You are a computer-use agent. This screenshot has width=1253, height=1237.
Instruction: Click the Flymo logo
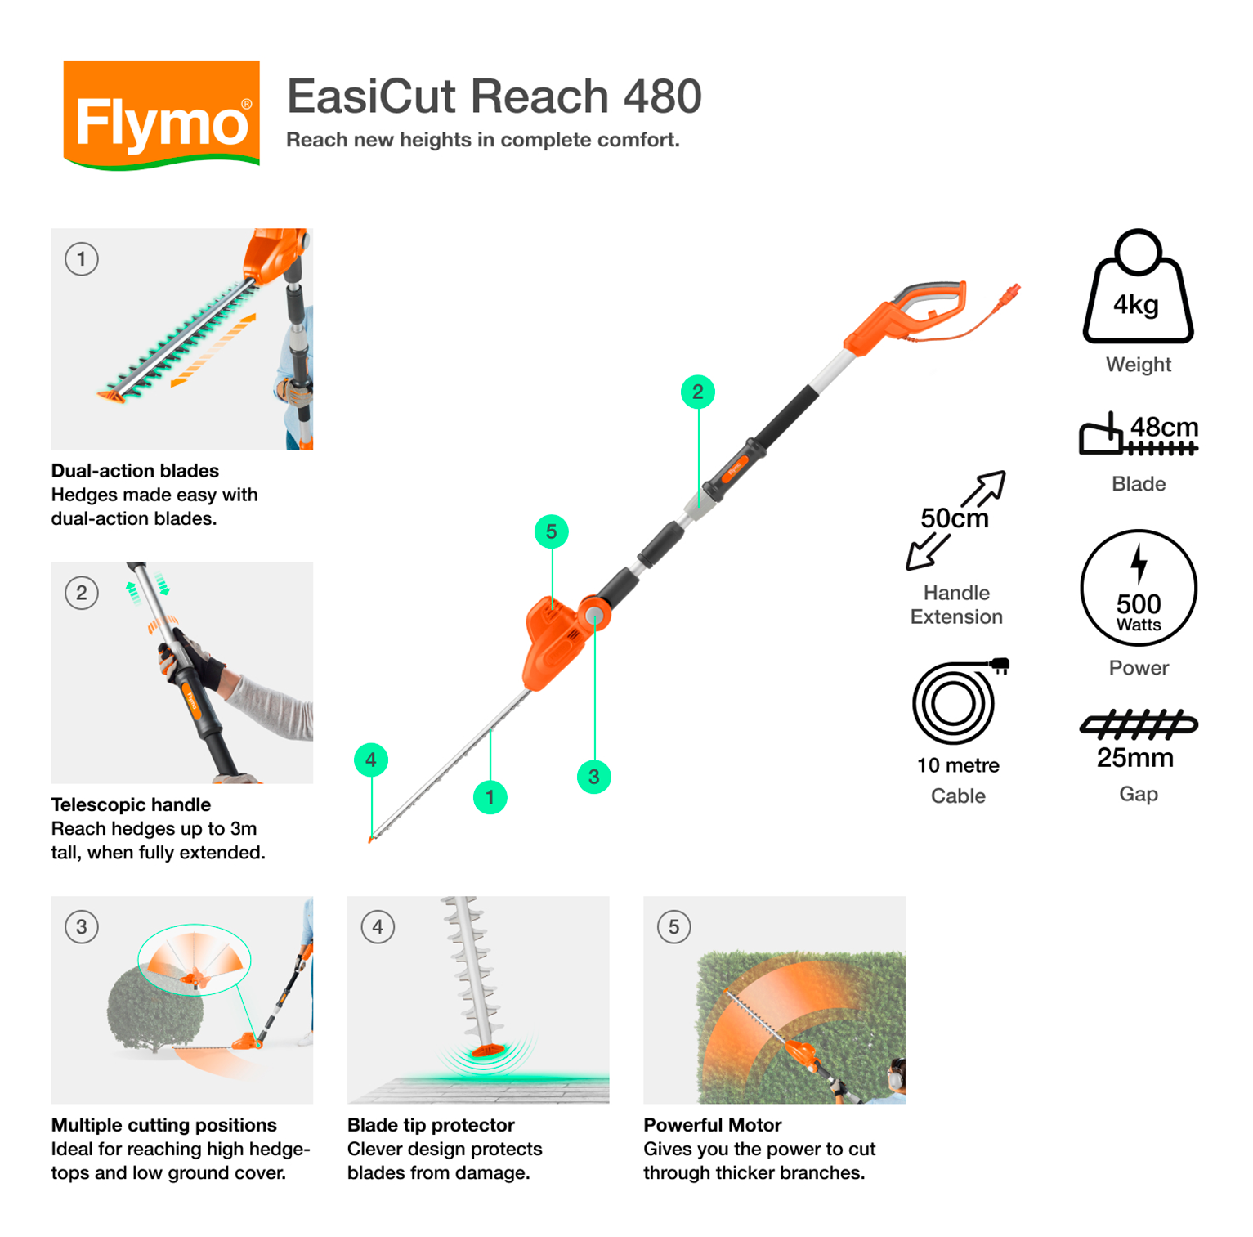[x=161, y=114]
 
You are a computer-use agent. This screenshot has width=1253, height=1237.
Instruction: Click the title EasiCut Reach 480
[x=494, y=96]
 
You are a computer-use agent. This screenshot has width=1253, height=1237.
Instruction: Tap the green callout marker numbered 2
[x=697, y=392]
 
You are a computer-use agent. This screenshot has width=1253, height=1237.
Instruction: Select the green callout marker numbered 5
[x=551, y=532]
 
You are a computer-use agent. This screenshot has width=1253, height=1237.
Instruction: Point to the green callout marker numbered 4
[x=371, y=760]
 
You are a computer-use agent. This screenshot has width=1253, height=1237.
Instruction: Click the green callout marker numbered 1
[x=490, y=797]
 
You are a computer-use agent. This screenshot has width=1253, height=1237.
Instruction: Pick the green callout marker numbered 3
[x=593, y=777]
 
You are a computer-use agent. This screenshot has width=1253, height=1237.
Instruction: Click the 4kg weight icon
[x=1137, y=290]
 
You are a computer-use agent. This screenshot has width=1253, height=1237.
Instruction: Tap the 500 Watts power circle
[x=1138, y=589]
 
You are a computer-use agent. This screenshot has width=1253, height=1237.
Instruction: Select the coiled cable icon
[x=955, y=702]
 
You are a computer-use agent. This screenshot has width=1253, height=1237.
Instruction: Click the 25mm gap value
[x=1134, y=758]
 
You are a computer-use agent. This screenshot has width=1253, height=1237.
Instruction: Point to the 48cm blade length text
[x=1163, y=427]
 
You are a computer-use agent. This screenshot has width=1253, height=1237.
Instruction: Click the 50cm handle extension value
[x=954, y=518]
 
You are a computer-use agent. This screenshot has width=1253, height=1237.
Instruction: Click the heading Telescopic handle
[x=131, y=804]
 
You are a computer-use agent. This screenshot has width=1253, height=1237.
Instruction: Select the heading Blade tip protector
[x=431, y=1125]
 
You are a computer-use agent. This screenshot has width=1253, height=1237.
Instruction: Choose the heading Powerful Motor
[x=712, y=1125]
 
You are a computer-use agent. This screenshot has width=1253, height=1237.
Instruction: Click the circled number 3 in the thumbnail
[x=82, y=927]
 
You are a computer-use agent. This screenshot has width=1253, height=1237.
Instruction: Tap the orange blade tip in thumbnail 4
[x=485, y=1049]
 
